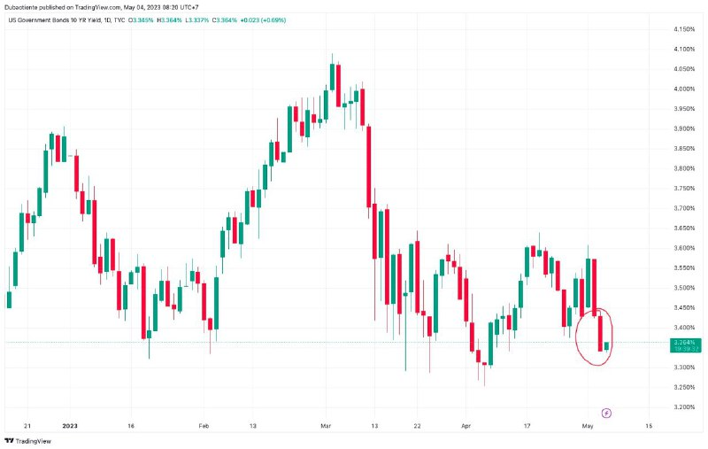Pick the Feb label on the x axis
204,426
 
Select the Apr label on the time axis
466,426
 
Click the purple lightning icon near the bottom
607,413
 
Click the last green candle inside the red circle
606,345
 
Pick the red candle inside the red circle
600,333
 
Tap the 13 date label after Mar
374,426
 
